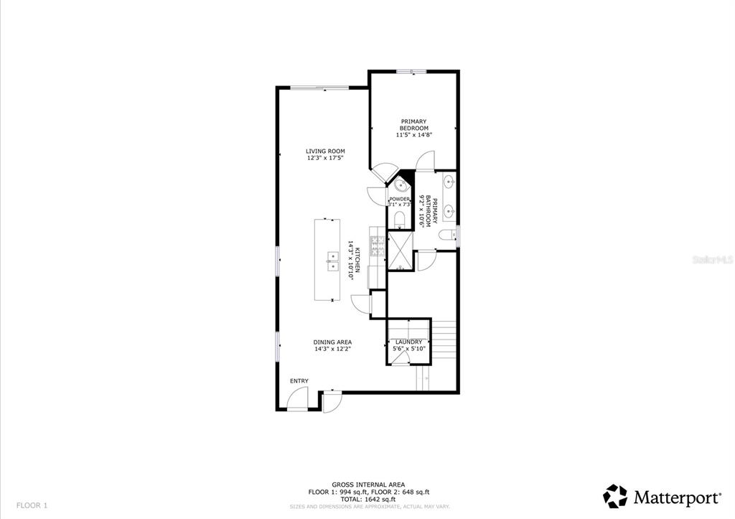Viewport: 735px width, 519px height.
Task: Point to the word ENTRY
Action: click(299, 380)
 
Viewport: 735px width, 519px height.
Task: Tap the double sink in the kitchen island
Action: click(333, 261)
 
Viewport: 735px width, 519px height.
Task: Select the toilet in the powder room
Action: click(399, 220)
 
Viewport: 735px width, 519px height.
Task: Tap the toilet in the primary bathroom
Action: click(447, 235)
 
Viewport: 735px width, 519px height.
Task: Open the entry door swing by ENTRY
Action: click(297, 399)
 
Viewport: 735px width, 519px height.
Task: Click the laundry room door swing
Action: click(400, 358)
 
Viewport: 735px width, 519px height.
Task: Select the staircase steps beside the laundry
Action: click(444, 340)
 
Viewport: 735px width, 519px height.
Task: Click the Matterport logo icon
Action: click(615, 497)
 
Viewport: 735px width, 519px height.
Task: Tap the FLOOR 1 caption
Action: click(32, 505)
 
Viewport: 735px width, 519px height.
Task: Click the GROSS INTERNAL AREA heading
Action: click(368, 485)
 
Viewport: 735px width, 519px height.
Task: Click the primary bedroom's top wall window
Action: click(411, 72)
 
